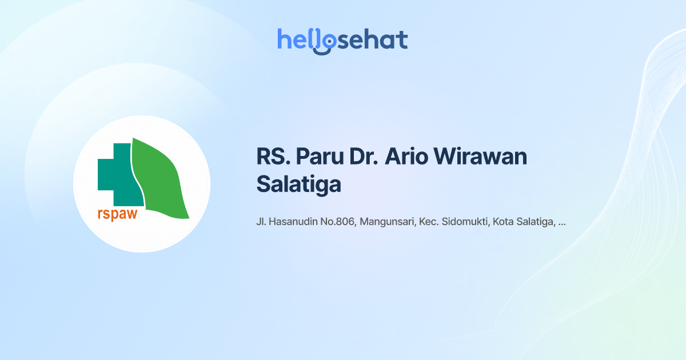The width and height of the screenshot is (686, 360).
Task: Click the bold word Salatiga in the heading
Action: click(298, 184)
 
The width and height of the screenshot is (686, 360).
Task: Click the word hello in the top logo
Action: click(297, 40)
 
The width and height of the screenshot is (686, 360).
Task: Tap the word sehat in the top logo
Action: click(372, 40)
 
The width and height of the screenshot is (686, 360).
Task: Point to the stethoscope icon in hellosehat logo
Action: click(325, 43)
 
